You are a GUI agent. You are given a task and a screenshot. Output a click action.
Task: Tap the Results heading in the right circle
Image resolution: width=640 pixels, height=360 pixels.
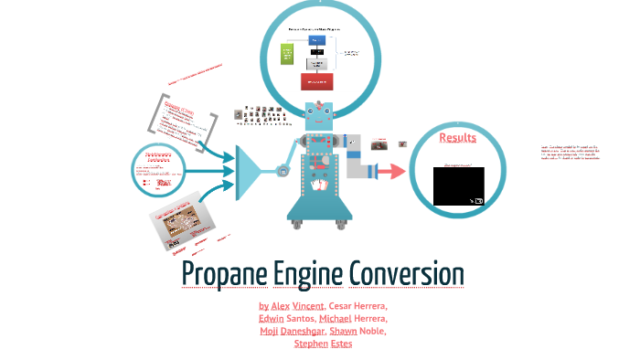[458, 138]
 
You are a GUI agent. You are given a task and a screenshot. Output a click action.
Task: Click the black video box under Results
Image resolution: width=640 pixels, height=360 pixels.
[459, 185]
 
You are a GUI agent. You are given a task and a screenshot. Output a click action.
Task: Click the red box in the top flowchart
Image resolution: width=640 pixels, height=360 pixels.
[317, 81]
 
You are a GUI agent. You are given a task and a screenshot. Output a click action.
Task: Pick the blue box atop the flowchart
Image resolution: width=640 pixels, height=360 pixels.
[317, 39]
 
